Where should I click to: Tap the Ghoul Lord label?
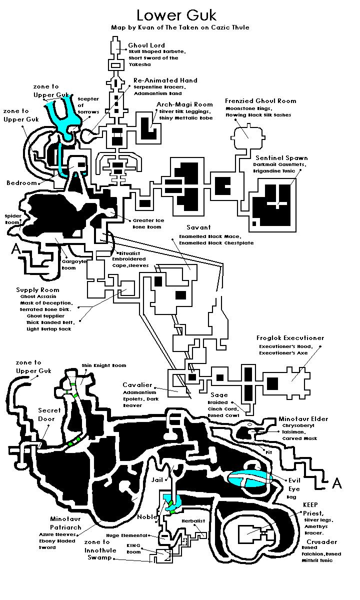146,45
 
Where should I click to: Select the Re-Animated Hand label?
165,80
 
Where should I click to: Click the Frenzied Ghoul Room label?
260,101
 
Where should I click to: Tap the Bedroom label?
22,183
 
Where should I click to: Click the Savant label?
198,227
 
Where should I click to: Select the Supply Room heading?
37,290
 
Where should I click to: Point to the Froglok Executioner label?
290,338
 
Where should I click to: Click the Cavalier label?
137,385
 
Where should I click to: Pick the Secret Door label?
49,414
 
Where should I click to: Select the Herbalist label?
193,521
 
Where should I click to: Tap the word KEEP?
310,505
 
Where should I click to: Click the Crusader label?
321,542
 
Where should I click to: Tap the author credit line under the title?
179,27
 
